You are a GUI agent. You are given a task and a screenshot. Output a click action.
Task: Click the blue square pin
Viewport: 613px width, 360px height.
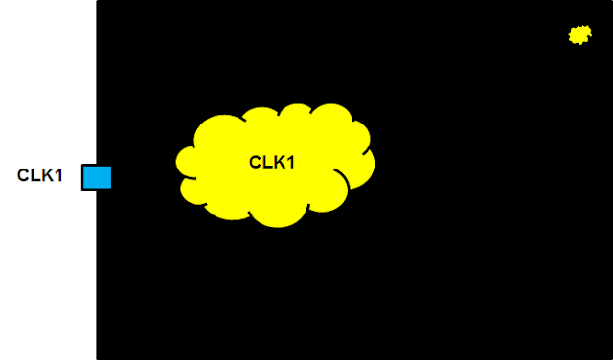pos(97,177)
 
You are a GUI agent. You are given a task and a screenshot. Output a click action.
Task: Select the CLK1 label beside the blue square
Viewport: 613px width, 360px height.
pos(40,175)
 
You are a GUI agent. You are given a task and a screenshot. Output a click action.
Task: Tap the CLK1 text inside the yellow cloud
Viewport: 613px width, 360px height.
pos(272,162)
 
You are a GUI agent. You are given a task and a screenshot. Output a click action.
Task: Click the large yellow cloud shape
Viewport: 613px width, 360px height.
pos(275,166)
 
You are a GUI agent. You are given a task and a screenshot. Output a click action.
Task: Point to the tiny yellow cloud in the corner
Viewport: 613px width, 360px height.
pos(579,35)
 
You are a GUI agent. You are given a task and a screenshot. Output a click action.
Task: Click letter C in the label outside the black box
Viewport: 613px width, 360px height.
pos(23,175)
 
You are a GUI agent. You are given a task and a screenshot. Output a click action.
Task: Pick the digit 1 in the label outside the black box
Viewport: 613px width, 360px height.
pos(58,175)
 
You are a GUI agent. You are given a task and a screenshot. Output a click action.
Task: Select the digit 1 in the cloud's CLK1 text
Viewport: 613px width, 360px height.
pos(290,162)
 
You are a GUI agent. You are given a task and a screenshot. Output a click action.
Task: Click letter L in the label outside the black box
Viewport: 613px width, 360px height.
pos(35,175)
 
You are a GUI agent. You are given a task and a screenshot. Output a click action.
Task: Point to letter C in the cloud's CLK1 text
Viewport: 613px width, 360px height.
pos(256,162)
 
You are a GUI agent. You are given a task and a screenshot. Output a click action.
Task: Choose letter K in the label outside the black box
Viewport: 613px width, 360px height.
pos(47,175)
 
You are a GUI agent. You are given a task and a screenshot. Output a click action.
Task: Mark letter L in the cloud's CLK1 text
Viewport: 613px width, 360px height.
pos(267,162)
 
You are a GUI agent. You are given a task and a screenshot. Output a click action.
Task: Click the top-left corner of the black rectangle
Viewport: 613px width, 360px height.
pos(97,1)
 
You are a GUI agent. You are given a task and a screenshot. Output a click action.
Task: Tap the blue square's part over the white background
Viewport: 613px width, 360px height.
pos(89,177)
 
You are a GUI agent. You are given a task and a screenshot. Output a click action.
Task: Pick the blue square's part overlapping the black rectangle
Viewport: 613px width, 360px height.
pos(104,177)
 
